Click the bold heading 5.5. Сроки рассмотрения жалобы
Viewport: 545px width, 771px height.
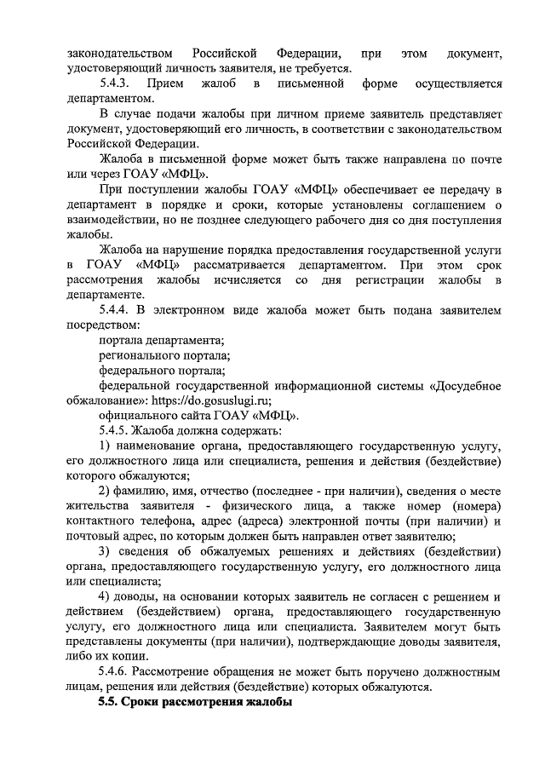pyautogui.click(x=195, y=703)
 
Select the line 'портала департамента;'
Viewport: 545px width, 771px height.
pyautogui.click(x=162, y=340)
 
